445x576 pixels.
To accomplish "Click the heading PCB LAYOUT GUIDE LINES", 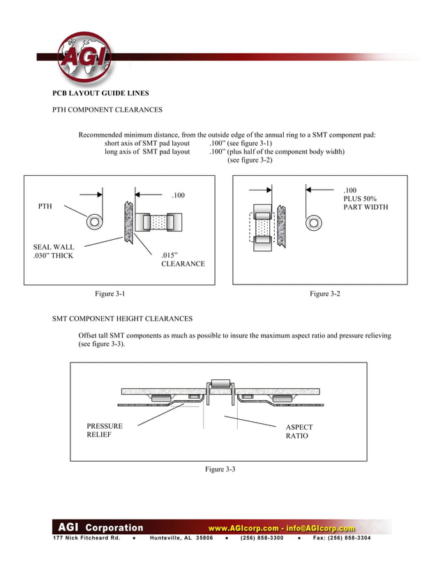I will [100, 93].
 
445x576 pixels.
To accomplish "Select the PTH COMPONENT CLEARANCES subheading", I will [107, 109].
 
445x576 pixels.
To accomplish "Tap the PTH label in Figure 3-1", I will [45, 206].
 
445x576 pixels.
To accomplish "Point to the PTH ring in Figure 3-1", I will [93, 222].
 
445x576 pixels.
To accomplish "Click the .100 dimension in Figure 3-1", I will [179, 195].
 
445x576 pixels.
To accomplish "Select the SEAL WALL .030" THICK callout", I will [53, 251].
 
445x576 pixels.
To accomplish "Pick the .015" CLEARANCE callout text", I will [183, 259].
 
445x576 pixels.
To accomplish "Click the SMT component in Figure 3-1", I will [158, 222].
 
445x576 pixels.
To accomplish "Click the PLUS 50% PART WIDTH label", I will [365, 198].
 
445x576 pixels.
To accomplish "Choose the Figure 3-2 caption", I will [325, 294].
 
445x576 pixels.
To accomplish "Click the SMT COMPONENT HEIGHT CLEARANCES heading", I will [122, 319].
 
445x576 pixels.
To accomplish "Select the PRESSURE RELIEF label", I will [105, 431].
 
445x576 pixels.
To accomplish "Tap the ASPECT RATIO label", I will [299, 432].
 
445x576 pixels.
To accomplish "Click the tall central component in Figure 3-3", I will [220, 384].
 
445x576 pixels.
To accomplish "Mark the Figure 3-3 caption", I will [220, 469].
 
